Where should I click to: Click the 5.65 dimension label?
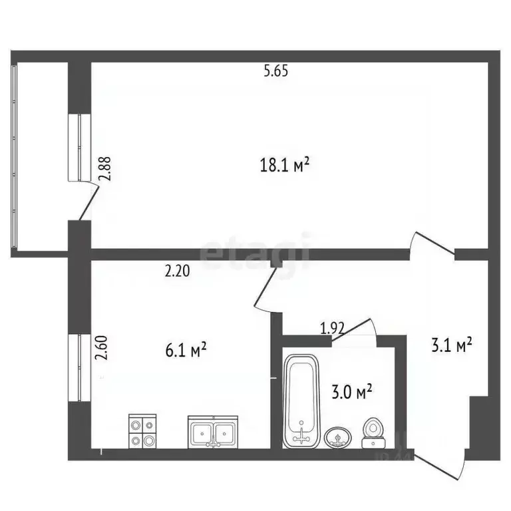(x=275, y=73)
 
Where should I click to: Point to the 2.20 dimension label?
(x=177, y=271)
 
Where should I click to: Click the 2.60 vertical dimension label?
(x=101, y=348)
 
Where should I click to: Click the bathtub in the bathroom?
(x=302, y=401)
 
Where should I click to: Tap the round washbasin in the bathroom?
(x=339, y=438)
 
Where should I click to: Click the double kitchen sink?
(x=213, y=432)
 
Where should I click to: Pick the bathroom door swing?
(x=357, y=328)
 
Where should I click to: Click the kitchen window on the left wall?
(x=79, y=368)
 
